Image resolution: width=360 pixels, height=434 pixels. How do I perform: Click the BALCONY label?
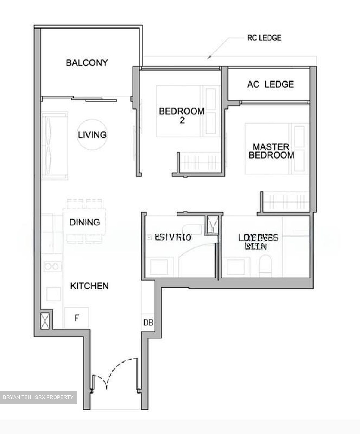(86, 63)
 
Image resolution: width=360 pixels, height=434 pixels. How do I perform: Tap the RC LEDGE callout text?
(264, 38)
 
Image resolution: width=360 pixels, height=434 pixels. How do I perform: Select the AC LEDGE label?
(270, 84)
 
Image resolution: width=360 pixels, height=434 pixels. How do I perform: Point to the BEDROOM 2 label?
(182, 115)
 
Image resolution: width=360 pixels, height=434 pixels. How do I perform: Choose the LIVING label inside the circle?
(92, 134)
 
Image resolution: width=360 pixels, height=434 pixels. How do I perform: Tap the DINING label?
(85, 222)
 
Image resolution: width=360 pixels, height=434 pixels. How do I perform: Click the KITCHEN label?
(89, 286)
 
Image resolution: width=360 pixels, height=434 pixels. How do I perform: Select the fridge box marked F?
(77, 318)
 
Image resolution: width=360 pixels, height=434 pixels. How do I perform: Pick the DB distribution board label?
(148, 323)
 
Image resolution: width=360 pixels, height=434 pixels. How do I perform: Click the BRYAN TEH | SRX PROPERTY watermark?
(38, 397)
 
